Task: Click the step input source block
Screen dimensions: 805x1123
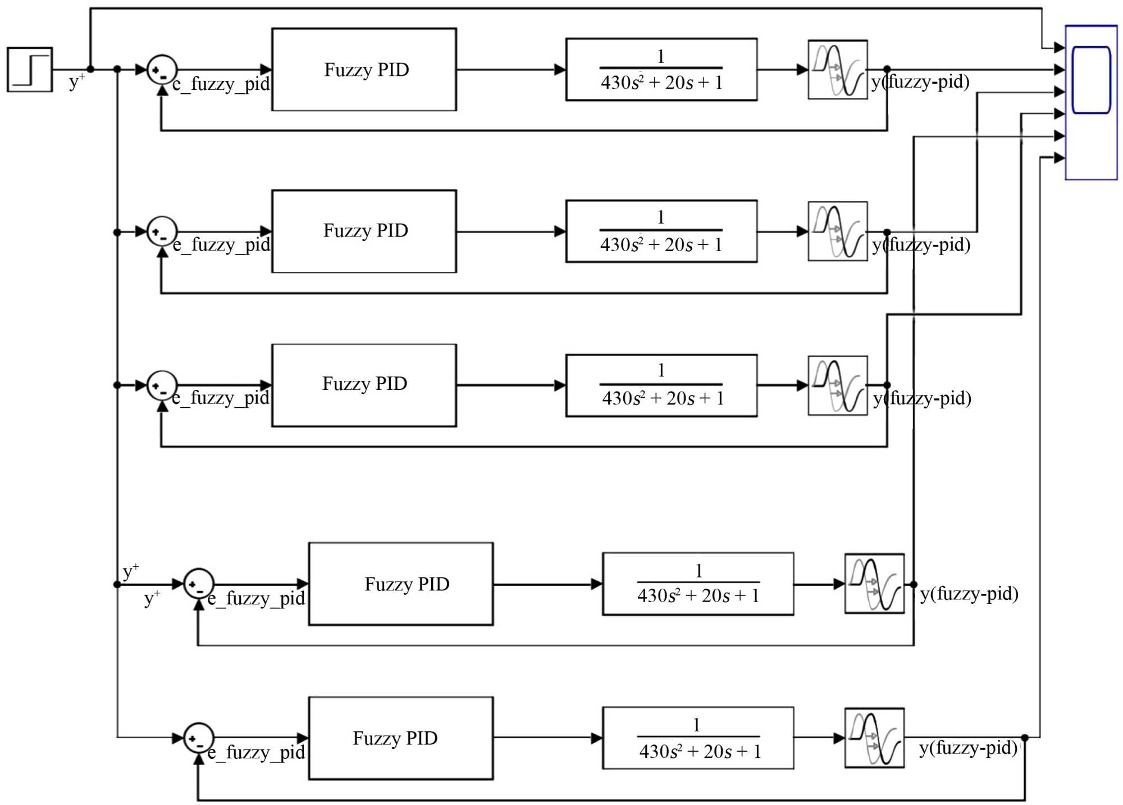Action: point(30,70)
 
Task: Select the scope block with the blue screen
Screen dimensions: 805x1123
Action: point(1091,102)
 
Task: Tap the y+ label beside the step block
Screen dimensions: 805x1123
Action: point(76,81)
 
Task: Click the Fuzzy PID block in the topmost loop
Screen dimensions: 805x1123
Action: point(364,70)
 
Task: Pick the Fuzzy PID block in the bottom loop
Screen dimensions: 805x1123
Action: point(400,738)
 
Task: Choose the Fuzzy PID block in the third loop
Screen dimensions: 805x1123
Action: point(364,385)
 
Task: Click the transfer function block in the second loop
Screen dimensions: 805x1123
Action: point(661,231)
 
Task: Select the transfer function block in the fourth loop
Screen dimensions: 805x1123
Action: point(698,584)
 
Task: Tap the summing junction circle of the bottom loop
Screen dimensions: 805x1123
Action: point(199,738)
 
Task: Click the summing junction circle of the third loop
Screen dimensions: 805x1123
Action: point(162,386)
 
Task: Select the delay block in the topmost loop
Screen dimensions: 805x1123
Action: point(837,70)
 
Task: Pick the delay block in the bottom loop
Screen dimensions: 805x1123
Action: point(874,738)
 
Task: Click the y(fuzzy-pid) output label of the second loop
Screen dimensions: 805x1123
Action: point(921,245)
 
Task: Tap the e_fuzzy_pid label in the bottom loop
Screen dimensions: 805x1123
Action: point(256,752)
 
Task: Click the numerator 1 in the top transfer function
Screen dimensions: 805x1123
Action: point(661,56)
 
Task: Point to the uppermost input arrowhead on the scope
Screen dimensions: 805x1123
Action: point(1059,48)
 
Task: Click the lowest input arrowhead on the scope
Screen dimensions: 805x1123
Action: point(1059,158)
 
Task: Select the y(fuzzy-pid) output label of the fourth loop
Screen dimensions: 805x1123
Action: point(969,594)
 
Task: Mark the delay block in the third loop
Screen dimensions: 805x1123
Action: point(837,385)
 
